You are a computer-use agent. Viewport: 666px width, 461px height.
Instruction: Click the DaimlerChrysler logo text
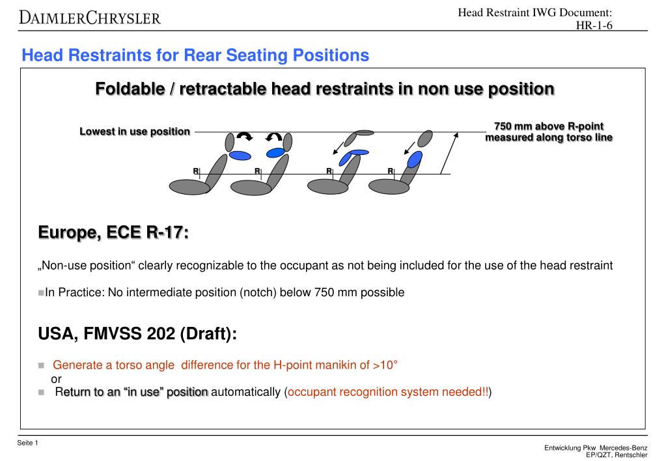(x=90, y=17)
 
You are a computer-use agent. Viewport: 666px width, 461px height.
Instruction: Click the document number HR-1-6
(x=595, y=25)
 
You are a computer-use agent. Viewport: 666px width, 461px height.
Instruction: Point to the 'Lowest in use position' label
(x=135, y=132)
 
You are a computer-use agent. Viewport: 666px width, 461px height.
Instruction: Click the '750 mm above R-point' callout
(x=549, y=126)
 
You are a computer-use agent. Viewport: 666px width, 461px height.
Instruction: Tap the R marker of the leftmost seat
(x=195, y=171)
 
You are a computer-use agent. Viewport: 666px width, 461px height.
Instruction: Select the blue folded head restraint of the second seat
(x=275, y=153)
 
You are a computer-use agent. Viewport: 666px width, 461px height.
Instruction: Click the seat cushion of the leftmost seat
(x=189, y=187)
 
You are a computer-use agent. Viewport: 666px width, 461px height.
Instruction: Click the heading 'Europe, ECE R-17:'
(x=113, y=232)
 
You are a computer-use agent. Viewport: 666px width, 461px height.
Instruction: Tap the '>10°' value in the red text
(x=385, y=365)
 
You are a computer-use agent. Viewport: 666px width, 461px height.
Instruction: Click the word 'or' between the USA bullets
(x=56, y=379)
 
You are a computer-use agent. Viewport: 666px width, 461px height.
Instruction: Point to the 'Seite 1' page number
(x=28, y=443)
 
